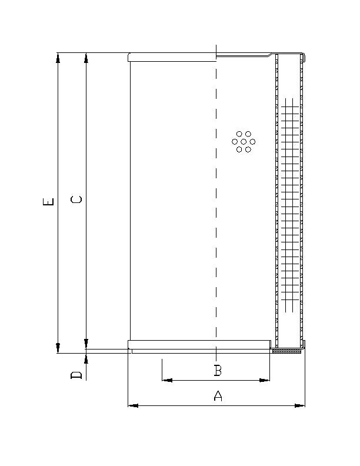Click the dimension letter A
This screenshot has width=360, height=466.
click(218, 396)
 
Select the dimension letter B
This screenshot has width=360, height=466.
click(218, 371)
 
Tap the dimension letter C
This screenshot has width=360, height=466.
click(76, 200)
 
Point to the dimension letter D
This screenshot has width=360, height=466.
click(76, 375)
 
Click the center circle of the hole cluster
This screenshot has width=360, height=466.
click(244, 142)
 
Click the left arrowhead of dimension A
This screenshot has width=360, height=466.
click(132, 405)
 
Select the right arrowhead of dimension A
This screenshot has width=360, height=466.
click(301, 405)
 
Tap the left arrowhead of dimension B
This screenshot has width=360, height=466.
click(166, 381)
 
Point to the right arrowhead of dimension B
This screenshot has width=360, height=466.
click(265, 381)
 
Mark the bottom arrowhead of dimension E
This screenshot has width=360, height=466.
click(58, 348)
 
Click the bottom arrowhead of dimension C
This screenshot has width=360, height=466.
click(86, 343)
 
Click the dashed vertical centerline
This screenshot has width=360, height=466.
click(216, 235)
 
